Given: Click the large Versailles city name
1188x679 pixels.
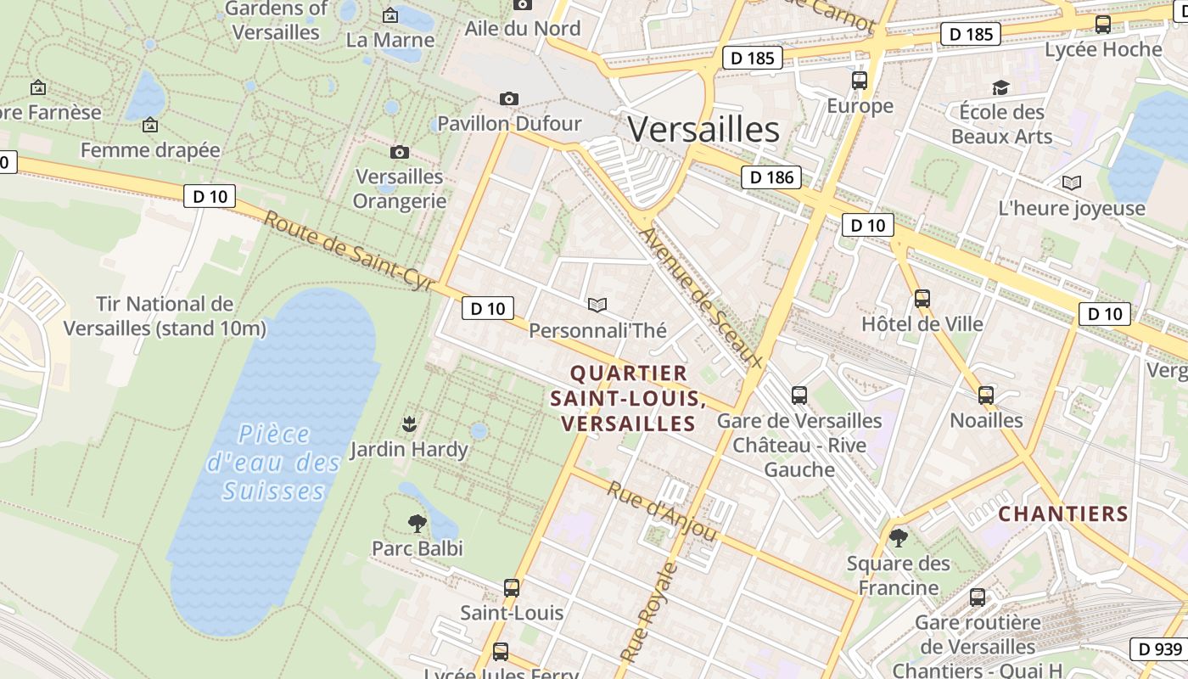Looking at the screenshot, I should [703, 130].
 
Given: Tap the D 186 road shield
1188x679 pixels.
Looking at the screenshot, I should [771, 177].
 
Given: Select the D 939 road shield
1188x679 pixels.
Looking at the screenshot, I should [1159, 649].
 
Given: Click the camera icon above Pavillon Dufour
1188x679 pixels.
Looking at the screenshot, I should [509, 98].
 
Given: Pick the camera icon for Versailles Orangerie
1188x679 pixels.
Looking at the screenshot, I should [400, 152].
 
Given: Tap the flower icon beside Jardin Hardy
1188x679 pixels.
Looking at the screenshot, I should [409, 423].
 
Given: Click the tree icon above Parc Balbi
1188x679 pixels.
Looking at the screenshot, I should [417, 523].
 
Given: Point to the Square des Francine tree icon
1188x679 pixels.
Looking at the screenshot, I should [898, 537].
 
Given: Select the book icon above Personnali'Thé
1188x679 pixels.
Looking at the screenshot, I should [597, 305].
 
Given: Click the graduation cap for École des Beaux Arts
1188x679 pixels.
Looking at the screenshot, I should [1001, 87].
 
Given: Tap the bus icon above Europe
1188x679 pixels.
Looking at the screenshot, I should [860, 81].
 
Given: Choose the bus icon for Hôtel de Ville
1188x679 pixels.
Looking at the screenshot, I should [922, 299].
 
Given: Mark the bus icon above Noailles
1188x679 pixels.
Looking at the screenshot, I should [985, 395].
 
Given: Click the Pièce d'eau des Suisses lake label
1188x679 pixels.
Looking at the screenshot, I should [274, 463].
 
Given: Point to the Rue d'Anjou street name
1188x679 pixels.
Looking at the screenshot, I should [663, 512].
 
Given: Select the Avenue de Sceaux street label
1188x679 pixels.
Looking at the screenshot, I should [701, 297].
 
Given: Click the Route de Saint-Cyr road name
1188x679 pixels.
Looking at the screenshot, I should [349, 252].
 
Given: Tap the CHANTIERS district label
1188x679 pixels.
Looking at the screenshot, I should [1063, 513].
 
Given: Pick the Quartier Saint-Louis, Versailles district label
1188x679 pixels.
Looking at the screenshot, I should [628, 398].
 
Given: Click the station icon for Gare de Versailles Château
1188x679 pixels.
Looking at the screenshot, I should [799, 395].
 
